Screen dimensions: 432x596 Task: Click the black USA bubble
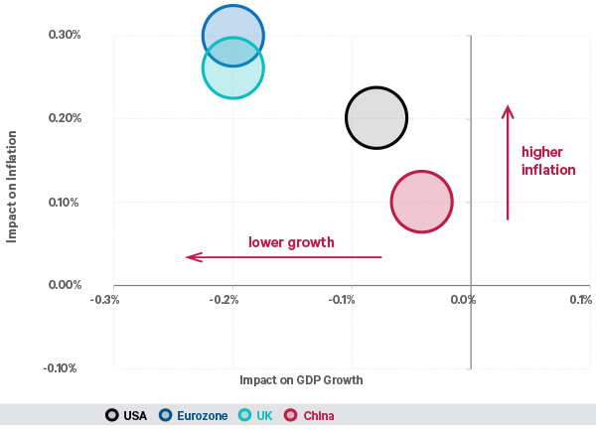coord(376,118)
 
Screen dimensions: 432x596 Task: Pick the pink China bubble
coord(422,202)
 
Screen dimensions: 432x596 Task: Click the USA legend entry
coord(126,415)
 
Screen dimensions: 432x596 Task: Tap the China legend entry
coord(310,415)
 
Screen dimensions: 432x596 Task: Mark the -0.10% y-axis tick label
coord(62,368)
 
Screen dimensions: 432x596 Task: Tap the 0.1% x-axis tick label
coord(579,299)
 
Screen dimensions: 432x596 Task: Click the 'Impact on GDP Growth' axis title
coord(301,380)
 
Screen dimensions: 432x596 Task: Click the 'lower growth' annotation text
coord(291,241)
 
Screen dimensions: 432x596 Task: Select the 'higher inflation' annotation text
coord(548,161)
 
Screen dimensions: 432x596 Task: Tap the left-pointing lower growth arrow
coord(283,257)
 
